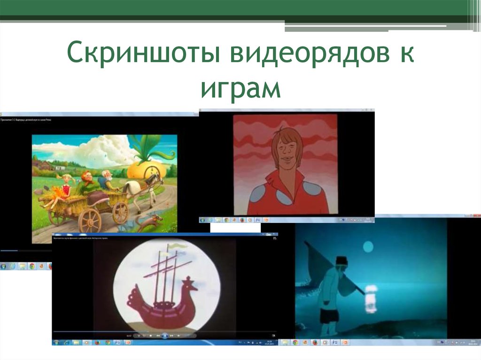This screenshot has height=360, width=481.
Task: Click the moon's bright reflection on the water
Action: coord(371,298)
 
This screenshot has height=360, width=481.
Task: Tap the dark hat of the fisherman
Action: coord(341,260)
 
